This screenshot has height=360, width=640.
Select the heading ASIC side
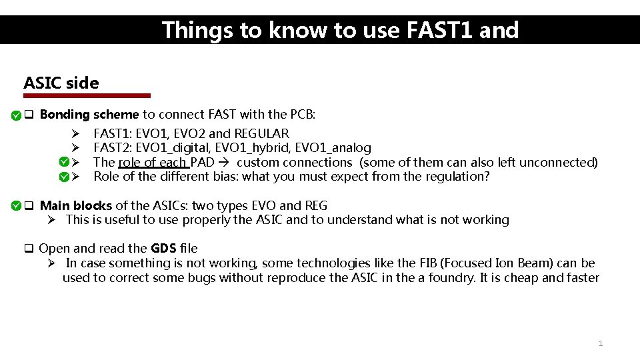tap(61, 83)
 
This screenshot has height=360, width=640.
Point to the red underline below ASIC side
tap(87, 95)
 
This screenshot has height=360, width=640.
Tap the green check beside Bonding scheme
tap(15, 115)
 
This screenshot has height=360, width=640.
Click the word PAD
tap(202, 162)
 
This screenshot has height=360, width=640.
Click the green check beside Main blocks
tap(15, 205)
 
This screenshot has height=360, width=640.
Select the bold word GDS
tap(163, 248)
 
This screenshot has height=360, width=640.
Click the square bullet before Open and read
tap(29, 249)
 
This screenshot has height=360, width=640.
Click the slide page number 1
tap(601, 343)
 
